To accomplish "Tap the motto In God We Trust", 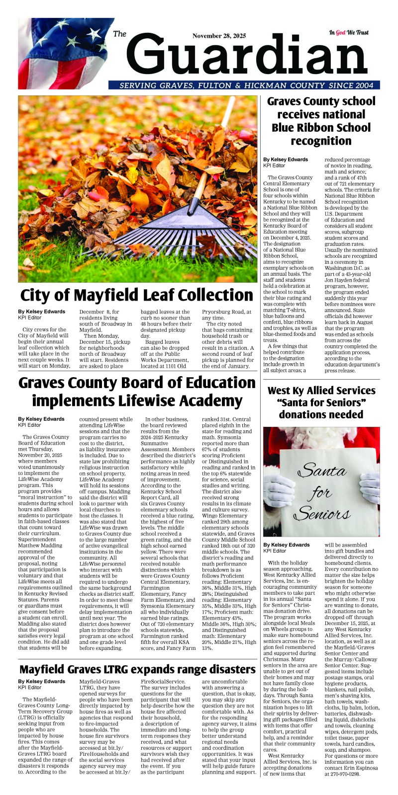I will [349, 33].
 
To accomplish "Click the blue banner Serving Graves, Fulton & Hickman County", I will [244, 85].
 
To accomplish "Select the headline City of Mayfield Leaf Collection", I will [137, 295].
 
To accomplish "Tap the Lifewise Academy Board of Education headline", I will [137, 392].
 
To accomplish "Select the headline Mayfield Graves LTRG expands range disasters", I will [137, 669].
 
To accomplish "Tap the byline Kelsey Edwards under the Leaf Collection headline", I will [42, 312].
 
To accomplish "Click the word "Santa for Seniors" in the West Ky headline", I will [321, 402].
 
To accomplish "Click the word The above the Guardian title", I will [120, 34].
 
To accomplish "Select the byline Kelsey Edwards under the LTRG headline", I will [42, 681].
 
